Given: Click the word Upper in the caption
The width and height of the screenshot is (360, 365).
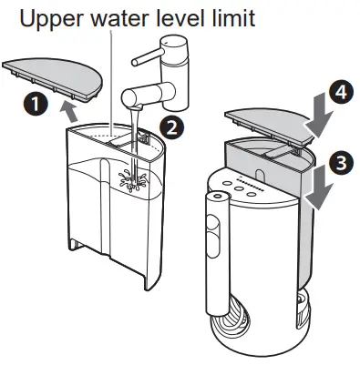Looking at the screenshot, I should [x=52, y=18].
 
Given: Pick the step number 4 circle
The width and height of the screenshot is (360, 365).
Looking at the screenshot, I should [x=339, y=94].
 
